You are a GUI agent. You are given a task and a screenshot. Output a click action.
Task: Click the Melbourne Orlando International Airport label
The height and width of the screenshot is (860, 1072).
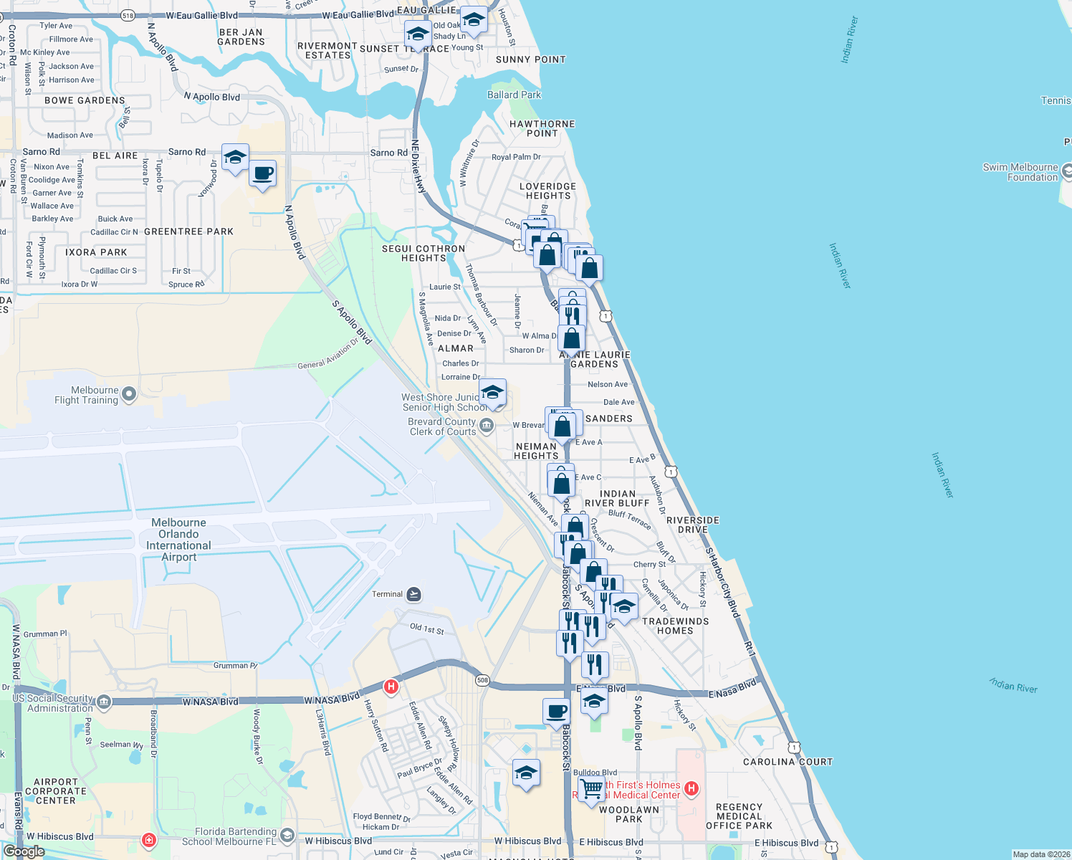tap(178, 540)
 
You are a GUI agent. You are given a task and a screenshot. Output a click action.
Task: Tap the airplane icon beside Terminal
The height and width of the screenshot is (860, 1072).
tap(413, 594)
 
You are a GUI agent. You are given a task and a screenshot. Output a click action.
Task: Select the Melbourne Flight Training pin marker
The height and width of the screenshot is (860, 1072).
tap(129, 393)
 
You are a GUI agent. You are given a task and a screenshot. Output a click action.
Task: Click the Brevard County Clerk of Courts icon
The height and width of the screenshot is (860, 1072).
tap(487, 426)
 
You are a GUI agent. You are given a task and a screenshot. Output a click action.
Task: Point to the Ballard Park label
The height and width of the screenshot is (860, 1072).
tap(514, 95)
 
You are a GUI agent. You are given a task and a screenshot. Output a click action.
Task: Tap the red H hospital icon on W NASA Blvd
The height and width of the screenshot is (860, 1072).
tap(391, 687)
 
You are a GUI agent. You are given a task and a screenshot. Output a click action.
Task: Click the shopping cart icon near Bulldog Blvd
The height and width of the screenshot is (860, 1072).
tap(591, 788)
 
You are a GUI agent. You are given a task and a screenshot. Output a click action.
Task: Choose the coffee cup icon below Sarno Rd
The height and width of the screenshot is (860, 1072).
tap(263, 173)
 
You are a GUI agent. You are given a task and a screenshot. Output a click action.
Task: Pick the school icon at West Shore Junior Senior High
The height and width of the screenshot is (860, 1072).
tap(492, 393)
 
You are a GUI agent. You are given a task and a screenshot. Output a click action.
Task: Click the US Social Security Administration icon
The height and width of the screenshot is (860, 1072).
tap(104, 702)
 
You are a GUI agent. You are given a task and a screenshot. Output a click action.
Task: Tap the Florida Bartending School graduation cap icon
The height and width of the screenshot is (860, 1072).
tap(287, 836)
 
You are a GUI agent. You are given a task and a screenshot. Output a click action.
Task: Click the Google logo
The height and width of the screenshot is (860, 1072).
tap(24, 851)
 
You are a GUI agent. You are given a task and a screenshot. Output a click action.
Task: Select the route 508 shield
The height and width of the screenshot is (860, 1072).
tap(482, 680)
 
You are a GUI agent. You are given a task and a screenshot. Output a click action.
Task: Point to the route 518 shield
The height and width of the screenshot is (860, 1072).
tap(128, 15)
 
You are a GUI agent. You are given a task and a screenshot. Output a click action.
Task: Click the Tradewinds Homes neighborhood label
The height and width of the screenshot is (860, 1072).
tap(675, 626)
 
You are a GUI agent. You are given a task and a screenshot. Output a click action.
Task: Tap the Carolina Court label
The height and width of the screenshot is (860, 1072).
tap(788, 762)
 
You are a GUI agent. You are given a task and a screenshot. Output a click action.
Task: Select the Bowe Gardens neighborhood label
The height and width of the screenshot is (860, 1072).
tap(85, 100)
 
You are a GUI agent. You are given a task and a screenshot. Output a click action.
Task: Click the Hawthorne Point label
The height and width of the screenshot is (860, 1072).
tap(542, 128)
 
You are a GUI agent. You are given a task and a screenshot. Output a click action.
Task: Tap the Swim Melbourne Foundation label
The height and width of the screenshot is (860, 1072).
tap(1020, 172)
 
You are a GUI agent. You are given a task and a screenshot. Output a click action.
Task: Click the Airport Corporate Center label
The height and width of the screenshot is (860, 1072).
tap(56, 791)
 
